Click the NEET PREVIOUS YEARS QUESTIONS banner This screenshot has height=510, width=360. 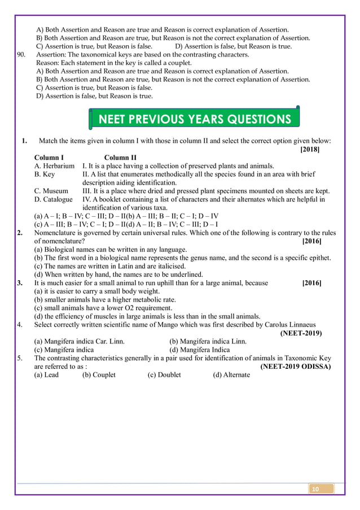click(x=195, y=119)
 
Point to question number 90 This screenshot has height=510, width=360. click(x=24, y=55)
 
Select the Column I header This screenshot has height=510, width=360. click(x=49, y=158)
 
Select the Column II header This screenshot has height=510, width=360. click(x=120, y=158)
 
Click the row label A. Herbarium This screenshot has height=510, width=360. click(x=54, y=166)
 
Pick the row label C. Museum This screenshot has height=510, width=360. click(x=51, y=191)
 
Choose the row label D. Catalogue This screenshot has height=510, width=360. click(x=53, y=199)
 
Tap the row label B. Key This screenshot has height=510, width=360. click(x=45, y=175)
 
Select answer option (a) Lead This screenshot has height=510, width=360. click(x=46, y=374)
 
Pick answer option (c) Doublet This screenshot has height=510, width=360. click(x=164, y=374)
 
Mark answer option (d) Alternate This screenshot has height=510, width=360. click(x=231, y=374)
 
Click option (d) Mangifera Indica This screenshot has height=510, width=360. click(x=199, y=350)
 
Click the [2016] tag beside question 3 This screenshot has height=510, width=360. click(x=312, y=283)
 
